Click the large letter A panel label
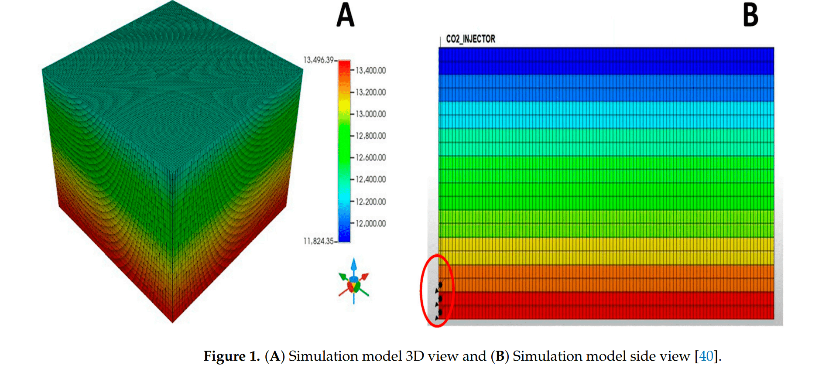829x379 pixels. coord(345,15)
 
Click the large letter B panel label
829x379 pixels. coord(750,15)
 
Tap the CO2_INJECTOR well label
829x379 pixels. coord(470,39)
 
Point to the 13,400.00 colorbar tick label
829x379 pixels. coord(370,71)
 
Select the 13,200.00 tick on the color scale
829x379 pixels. coord(370,92)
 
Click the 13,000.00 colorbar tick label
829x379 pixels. coord(370,114)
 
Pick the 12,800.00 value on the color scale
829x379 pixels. coord(370,136)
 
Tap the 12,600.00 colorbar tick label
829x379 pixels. coord(370,158)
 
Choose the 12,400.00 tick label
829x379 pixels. coord(370,180)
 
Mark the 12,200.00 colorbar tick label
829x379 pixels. coord(370,202)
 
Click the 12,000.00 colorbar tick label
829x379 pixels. coord(370,224)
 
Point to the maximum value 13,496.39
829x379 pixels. coord(319,60)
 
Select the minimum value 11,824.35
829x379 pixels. coord(319,241)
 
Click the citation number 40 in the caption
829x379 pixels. coord(706,356)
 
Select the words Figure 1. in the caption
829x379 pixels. coord(232,356)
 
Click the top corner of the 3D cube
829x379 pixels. coord(173,2)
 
